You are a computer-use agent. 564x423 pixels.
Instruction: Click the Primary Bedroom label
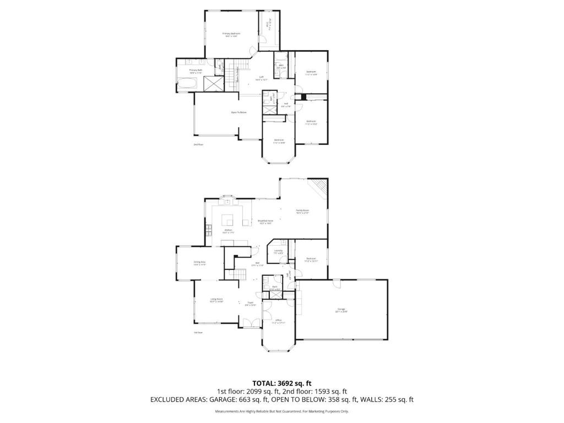(231, 34)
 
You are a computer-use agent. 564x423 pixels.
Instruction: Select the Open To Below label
(238, 112)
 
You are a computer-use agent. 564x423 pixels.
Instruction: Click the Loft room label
(262, 77)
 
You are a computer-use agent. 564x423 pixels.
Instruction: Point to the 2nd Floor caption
(198, 145)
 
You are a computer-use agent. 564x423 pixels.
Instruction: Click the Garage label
(341, 310)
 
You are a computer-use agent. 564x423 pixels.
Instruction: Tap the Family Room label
(302, 210)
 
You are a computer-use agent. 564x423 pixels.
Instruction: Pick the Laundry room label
(279, 251)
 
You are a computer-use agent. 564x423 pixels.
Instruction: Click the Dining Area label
(199, 262)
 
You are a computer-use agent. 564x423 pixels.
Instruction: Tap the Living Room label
(216, 299)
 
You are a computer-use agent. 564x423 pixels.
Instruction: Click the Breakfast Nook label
(265, 221)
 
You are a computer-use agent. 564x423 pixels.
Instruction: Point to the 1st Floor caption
(198, 332)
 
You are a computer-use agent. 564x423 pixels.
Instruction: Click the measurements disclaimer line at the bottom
(282, 411)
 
